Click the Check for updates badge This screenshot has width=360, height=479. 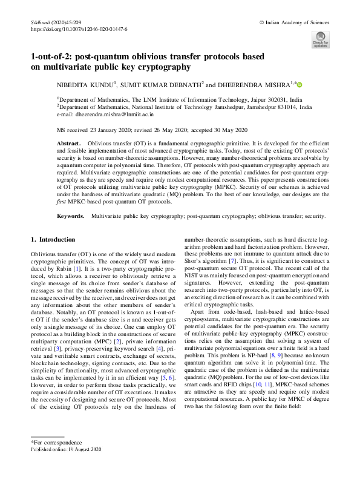(320, 38)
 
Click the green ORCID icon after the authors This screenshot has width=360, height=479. (299, 84)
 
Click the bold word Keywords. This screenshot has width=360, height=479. (71, 216)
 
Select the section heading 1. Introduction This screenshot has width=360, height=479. (53, 239)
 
